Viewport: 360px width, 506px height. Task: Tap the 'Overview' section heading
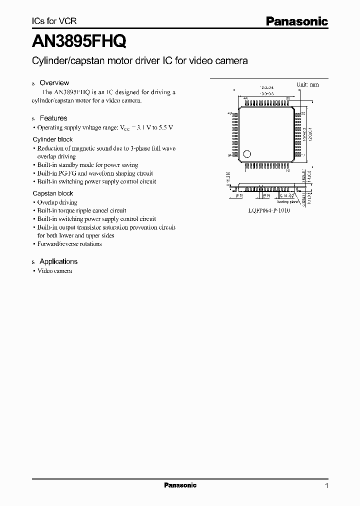(54, 83)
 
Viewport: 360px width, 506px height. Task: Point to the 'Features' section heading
(53, 118)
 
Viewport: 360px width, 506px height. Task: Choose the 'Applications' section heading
(58, 261)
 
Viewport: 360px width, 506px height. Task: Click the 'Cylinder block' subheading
(52, 139)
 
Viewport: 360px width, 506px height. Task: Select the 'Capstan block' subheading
(52, 193)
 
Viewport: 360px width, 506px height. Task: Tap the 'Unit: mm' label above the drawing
(307, 84)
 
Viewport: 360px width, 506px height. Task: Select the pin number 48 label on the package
(245, 99)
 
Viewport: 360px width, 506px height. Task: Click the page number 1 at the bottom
(326, 485)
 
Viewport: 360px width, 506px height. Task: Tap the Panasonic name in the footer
(180, 485)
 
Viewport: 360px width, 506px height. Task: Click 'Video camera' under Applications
(55, 271)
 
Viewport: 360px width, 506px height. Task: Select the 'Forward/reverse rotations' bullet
(69, 244)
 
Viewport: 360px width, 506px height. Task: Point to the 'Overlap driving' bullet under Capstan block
(57, 202)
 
